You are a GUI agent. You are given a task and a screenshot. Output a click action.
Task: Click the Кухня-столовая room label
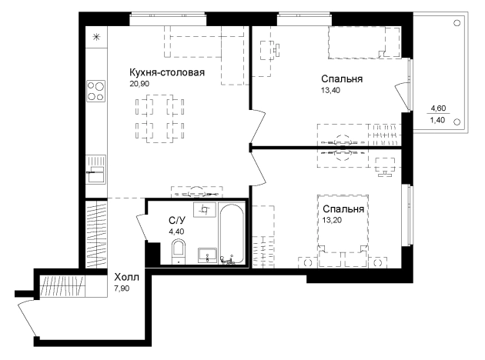pyautogui.click(x=167, y=72)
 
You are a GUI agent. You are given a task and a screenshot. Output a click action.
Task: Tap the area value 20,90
pyautogui.click(x=139, y=84)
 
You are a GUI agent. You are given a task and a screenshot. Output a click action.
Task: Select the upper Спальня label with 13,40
pyautogui.click(x=342, y=78)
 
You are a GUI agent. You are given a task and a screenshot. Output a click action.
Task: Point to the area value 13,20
pyautogui.click(x=332, y=220)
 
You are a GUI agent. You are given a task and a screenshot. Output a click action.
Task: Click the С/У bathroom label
pyautogui.click(x=177, y=220)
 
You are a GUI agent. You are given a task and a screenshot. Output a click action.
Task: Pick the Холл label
pyautogui.click(x=126, y=277)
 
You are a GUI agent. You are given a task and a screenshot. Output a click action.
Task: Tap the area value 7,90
pyautogui.click(x=122, y=288)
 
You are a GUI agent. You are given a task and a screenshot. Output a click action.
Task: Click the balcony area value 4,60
pyautogui.click(x=438, y=108)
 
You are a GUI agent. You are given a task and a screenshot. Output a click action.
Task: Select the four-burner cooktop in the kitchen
pyautogui.click(x=95, y=92)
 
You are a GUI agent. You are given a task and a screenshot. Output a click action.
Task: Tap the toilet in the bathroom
pyautogui.click(x=179, y=252)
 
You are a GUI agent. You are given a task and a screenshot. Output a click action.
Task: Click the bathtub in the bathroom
pyautogui.click(x=232, y=234)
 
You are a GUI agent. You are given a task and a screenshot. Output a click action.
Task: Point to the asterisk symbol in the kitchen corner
pyautogui.click(x=96, y=38)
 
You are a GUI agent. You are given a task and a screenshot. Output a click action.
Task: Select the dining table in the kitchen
pyautogui.click(x=159, y=119)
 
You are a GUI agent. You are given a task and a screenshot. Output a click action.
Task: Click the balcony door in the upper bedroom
pyautogui.click(x=403, y=96)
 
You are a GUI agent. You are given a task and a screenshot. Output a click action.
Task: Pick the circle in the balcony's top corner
pyautogui.click(x=457, y=23)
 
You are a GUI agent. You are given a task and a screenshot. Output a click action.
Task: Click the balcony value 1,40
pyautogui.click(x=438, y=120)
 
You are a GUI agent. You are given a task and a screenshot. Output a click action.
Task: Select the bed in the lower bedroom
pyautogui.click(x=343, y=231)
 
